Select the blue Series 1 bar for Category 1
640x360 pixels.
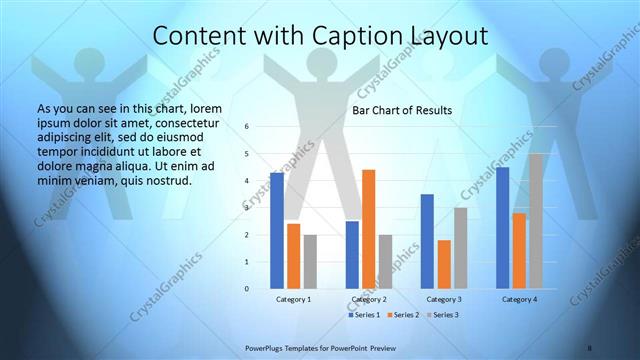coord(277,231)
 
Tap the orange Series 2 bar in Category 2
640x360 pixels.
coord(368,229)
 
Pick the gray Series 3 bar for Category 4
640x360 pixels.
coord(537,221)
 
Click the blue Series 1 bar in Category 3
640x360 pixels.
coord(427,241)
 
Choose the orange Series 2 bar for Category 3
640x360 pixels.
coord(444,264)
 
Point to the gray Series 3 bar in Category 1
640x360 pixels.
coord(310,261)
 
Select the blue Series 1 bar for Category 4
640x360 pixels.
coord(503,228)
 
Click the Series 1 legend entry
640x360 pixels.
coord(363,315)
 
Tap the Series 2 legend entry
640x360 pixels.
coord(402,315)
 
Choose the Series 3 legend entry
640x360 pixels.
coord(441,315)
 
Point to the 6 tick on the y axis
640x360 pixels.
coord(247,127)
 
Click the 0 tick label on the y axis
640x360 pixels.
coord(247,289)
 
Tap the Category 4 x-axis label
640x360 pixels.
coord(519,300)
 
